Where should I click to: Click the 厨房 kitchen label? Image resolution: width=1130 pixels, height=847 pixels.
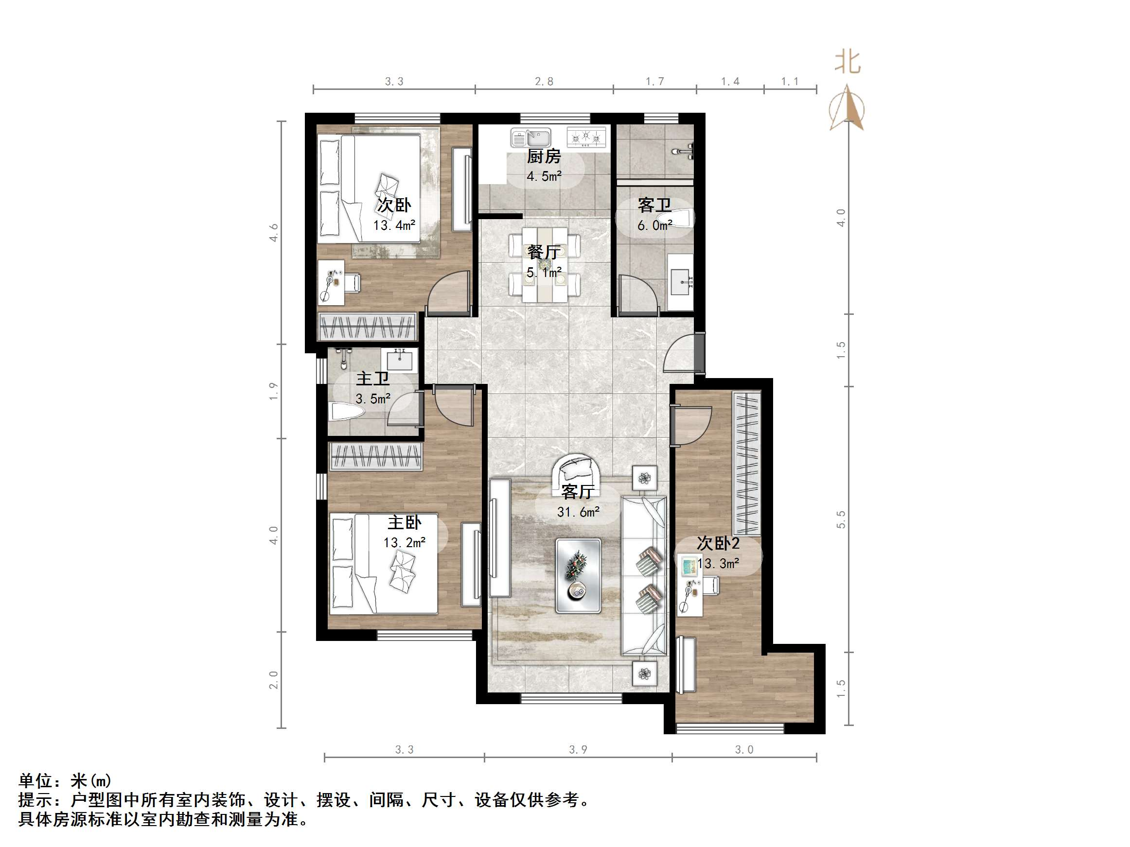[544, 156]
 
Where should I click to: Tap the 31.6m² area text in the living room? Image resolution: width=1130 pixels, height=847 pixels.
[578, 512]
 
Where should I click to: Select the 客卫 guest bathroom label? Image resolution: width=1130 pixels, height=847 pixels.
[654, 205]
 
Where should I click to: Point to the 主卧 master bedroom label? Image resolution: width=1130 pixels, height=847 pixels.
[405, 522]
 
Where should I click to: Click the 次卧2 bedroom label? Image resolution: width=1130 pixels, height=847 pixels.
[718, 543]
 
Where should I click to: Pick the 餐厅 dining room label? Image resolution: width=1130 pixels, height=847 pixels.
[544, 252]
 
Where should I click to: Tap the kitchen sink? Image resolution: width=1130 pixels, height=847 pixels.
[531, 138]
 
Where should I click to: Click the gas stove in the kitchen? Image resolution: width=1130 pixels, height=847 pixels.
[586, 138]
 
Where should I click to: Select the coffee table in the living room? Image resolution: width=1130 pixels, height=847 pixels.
[578, 575]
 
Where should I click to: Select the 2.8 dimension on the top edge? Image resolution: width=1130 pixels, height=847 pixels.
[544, 81]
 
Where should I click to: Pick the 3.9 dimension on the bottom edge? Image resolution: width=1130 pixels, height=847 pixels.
[578, 749]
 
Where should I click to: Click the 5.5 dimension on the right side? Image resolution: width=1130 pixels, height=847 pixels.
[841, 519]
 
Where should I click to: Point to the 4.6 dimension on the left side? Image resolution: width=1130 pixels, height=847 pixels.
[274, 232]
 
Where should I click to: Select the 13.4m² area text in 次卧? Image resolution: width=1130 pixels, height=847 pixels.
[394, 225]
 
